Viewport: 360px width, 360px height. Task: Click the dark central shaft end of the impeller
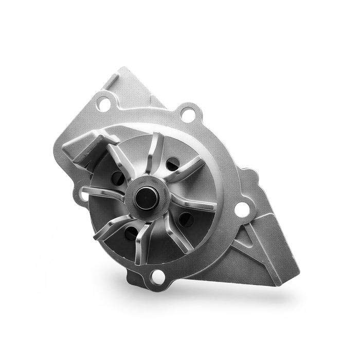(x=146, y=198)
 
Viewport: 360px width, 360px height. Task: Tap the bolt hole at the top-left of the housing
(x=104, y=105)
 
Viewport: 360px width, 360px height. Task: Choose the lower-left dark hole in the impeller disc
(x=131, y=233)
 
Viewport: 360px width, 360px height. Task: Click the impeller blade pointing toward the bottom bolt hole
(x=143, y=242)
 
